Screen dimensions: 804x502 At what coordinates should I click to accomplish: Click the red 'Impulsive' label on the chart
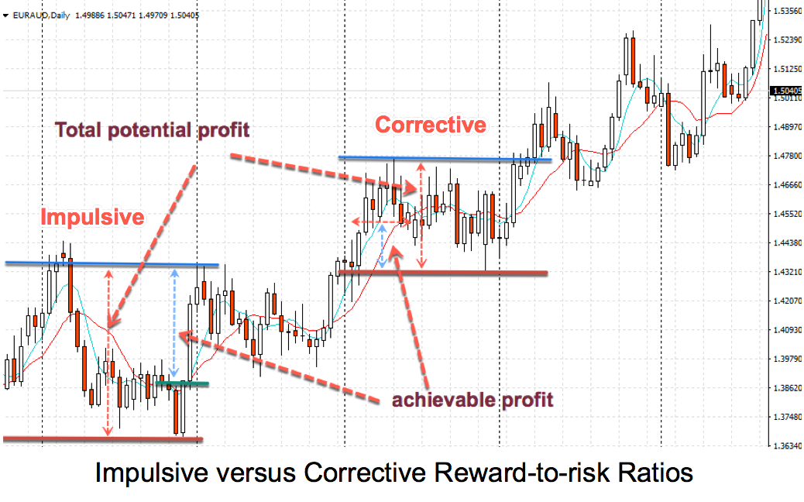click(92, 217)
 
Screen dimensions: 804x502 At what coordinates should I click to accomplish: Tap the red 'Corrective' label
click(431, 125)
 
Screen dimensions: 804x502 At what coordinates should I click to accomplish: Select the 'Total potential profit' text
click(153, 130)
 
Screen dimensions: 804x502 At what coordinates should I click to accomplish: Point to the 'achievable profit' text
click(472, 400)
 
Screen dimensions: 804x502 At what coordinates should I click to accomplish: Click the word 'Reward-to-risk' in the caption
click(518, 473)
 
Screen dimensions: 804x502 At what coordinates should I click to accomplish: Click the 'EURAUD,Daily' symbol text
click(41, 15)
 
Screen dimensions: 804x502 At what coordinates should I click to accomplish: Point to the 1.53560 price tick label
click(787, 10)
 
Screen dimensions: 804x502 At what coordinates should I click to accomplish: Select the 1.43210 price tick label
click(787, 272)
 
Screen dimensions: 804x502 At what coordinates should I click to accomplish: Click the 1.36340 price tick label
click(787, 446)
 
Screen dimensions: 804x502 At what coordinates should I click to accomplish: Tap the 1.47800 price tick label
click(787, 156)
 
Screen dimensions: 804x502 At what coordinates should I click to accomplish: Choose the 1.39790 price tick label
click(787, 359)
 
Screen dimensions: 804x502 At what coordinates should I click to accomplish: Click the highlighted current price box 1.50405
click(786, 91)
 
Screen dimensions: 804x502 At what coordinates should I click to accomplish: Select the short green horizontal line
click(182, 383)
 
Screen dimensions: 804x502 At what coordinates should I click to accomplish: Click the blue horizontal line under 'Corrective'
click(445, 159)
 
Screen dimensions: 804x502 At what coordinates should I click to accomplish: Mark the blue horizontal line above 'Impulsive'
click(112, 264)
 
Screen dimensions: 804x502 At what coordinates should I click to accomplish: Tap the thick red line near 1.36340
click(103, 439)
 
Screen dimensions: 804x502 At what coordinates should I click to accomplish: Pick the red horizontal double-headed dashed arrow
click(382, 222)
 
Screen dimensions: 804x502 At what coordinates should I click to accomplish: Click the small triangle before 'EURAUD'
click(5, 16)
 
